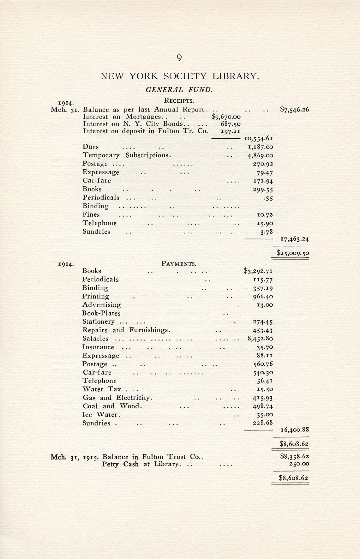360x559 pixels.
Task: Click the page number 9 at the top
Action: (179, 58)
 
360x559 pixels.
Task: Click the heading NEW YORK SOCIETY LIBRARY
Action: (180, 76)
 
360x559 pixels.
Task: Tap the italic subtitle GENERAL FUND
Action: (179, 90)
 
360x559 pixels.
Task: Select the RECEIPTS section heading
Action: (179, 101)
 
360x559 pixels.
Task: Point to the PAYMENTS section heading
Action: (179, 264)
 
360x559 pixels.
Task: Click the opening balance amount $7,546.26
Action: (294, 110)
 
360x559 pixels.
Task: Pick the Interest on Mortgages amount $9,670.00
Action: (226, 117)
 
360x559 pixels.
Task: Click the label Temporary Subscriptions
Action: (127, 155)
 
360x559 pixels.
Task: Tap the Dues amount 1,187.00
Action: (260, 147)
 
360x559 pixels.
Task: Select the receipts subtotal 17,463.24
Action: (295, 239)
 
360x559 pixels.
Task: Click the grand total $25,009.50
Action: (292, 253)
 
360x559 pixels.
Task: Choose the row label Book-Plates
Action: (101, 313)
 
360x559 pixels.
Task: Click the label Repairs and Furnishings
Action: (126, 330)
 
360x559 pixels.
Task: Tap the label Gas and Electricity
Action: (117, 398)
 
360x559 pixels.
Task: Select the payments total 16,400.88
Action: (295, 430)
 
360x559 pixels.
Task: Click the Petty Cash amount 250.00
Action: (299, 464)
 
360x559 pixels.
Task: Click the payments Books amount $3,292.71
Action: (258, 271)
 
